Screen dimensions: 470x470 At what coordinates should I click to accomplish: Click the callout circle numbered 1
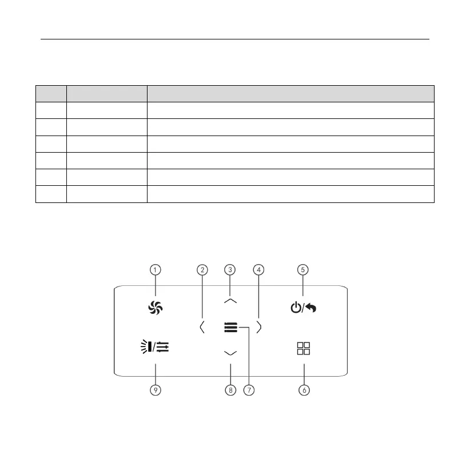(156, 269)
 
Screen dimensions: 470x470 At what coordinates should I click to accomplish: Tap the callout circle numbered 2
(202, 269)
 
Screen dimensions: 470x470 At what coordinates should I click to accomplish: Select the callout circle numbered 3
(230, 269)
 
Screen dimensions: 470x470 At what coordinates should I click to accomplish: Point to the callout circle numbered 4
(259, 269)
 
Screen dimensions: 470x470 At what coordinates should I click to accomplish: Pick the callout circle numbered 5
(304, 269)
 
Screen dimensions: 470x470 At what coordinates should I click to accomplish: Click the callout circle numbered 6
(304, 390)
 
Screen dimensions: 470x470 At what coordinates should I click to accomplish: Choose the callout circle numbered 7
(248, 390)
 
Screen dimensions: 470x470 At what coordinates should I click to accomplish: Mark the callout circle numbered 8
(230, 390)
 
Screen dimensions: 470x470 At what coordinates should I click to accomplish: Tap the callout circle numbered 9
(156, 390)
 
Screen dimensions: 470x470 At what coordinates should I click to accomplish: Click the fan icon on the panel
(156, 308)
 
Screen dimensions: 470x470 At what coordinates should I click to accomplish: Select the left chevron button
(202, 327)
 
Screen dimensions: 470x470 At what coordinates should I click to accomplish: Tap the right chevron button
(259, 327)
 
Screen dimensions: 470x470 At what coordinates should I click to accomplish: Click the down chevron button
(230, 353)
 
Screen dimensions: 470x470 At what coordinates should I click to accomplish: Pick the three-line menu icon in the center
(230, 327)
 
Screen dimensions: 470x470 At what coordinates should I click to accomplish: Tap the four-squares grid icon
(303, 349)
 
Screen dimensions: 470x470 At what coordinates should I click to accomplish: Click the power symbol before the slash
(295, 308)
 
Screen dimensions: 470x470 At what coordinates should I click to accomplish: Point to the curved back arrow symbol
(311, 308)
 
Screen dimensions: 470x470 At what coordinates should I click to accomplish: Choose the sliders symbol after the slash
(165, 346)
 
